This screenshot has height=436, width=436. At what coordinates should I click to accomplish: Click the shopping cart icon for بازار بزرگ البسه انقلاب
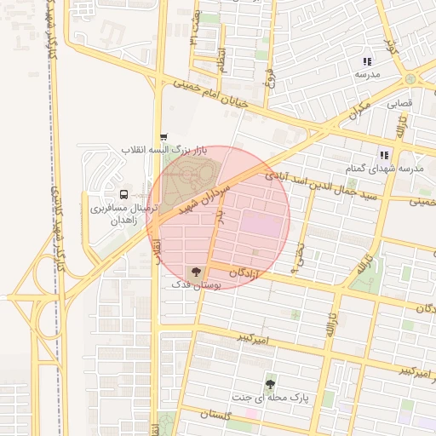(x=163, y=136)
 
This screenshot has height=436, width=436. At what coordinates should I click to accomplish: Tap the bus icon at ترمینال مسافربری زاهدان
(x=124, y=194)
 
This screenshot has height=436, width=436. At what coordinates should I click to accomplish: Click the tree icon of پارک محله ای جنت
(x=271, y=382)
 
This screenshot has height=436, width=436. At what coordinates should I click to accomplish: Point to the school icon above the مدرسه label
(x=367, y=61)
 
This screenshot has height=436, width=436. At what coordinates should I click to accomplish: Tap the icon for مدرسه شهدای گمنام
(x=384, y=155)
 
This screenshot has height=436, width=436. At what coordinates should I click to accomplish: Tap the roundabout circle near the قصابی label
(x=411, y=78)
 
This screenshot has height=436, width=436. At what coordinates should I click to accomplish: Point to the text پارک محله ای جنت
(x=271, y=398)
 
